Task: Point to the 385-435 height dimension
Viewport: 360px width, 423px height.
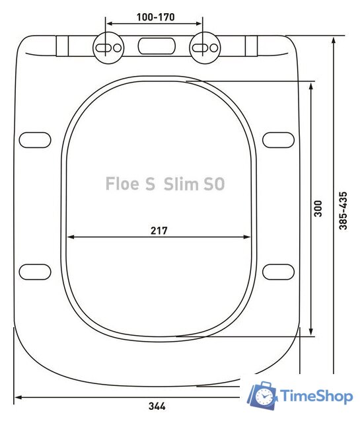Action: (x=343, y=210)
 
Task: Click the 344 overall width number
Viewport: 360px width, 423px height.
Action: (x=157, y=406)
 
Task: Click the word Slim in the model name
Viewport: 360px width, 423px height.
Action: (x=182, y=184)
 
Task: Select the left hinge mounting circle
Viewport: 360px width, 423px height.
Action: (x=107, y=47)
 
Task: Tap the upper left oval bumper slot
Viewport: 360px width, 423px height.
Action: (x=34, y=140)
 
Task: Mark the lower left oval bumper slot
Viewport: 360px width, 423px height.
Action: (x=34, y=271)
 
